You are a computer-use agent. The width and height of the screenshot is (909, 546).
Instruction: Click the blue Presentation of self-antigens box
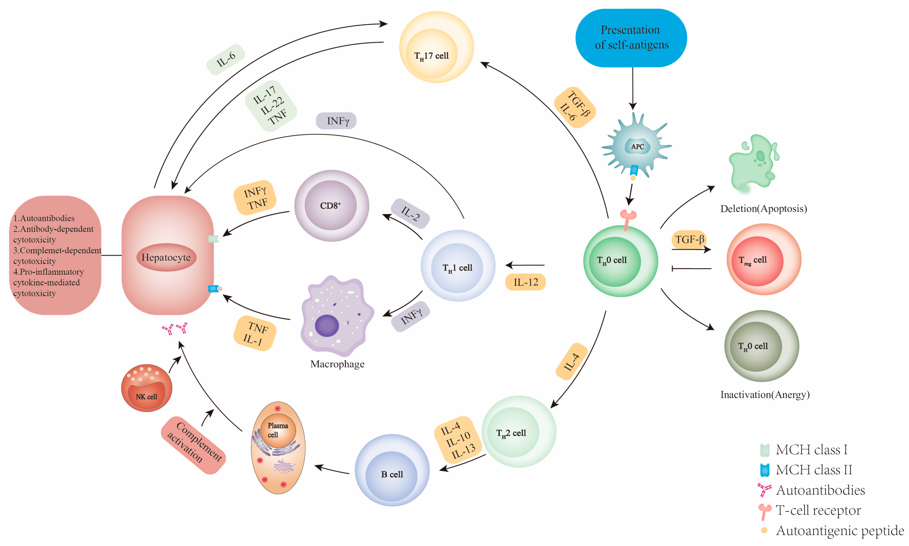631,38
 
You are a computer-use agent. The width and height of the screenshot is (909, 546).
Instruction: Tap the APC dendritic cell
637,147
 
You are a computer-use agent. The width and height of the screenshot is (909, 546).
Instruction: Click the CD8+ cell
331,205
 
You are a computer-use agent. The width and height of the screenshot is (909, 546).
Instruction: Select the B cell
392,471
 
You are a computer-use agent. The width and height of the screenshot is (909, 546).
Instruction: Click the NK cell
146,388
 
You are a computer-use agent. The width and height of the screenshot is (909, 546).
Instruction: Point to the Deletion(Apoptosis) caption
763,209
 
